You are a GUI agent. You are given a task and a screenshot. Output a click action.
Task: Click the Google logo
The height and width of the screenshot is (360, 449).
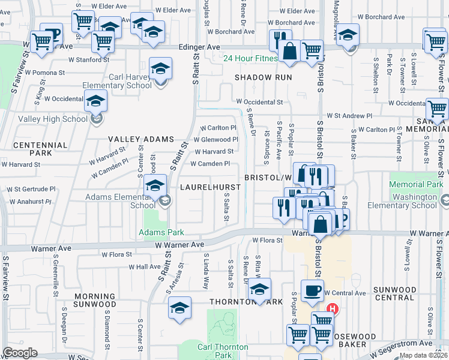tap(20, 353)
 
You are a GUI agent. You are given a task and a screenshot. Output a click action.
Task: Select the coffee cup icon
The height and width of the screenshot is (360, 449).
tap(312, 290)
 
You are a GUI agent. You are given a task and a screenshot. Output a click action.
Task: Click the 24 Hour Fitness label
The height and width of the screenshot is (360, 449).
tap(250, 58)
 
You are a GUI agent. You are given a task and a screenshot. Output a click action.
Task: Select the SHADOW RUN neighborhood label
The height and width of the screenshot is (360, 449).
tap(263, 77)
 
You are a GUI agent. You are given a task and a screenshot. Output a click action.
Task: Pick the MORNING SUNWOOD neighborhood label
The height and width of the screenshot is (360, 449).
tap(95, 301)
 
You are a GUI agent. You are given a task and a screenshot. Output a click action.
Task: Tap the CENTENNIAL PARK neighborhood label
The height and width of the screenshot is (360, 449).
tap(40, 149)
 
